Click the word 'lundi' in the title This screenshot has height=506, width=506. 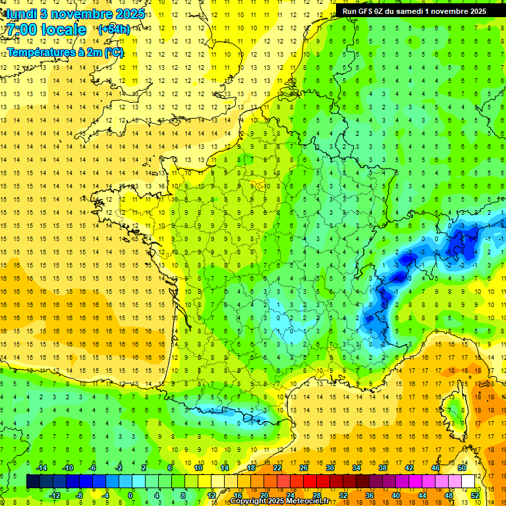pyautogui.click(x=20, y=14)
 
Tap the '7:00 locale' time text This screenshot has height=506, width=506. pyautogui.click(x=46, y=30)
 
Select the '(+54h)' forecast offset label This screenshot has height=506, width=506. pyautogui.click(x=113, y=30)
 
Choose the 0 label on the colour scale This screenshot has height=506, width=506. pyautogui.click(x=130, y=495)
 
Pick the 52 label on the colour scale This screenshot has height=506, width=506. pyautogui.click(x=474, y=495)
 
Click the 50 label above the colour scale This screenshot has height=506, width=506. pyautogui.click(x=461, y=467)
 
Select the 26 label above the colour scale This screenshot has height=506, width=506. pyautogui.click(x=304, y=467)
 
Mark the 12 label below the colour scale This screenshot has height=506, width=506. pyautogui.click(x=212, y=495)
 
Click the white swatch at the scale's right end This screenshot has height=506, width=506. pyautogui.click(x=468, y=481)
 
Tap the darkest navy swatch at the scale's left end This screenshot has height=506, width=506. pyautogui.click(x=33, y=481)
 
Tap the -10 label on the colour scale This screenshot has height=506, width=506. pyautogui.click(x=67, y=467)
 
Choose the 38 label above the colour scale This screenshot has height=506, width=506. pyautogui.click(x=382, y=467)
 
